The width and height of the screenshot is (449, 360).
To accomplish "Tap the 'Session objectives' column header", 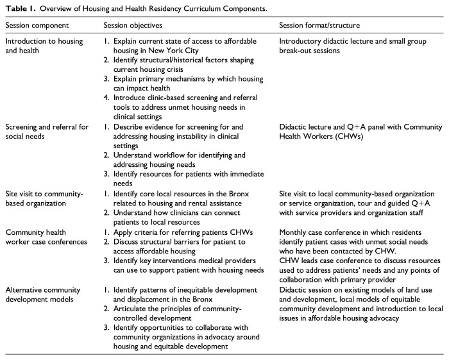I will [x=133, y=25].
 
